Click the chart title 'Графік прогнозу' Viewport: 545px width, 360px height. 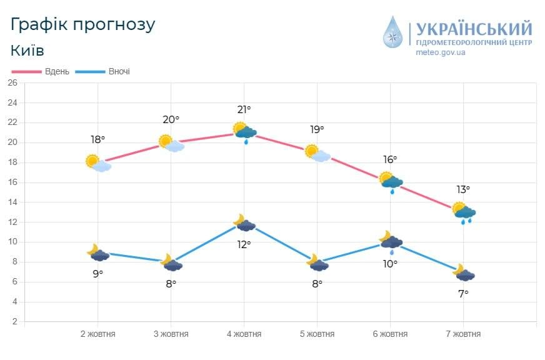(x=82, y=24)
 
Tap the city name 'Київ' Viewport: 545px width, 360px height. (x=27, y=51)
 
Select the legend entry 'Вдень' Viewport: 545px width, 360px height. (x=57, y=71)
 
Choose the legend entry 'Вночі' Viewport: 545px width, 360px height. (x=119, y=71)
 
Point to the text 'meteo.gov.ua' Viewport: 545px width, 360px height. (x=441, y=52)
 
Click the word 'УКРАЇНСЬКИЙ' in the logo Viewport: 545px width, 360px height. (x=474, y=29)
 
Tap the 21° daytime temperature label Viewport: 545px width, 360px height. (x=244, y=109)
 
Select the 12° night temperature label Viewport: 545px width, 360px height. (x=244, y=244)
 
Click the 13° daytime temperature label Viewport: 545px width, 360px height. (x=462, y=189)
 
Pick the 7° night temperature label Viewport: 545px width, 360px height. (x=463, y=293)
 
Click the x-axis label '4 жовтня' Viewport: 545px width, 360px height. (x=244, y=334)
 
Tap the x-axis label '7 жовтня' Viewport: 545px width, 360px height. (x=463, y=334)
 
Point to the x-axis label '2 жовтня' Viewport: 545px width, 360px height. (x=97, y=334)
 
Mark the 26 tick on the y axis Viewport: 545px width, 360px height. (x=12, y=83)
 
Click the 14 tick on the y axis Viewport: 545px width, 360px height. (x=12, y=202)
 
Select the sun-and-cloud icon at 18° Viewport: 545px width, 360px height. (x=98, y=163)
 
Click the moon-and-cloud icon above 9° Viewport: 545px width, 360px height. (x=98, y=252)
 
